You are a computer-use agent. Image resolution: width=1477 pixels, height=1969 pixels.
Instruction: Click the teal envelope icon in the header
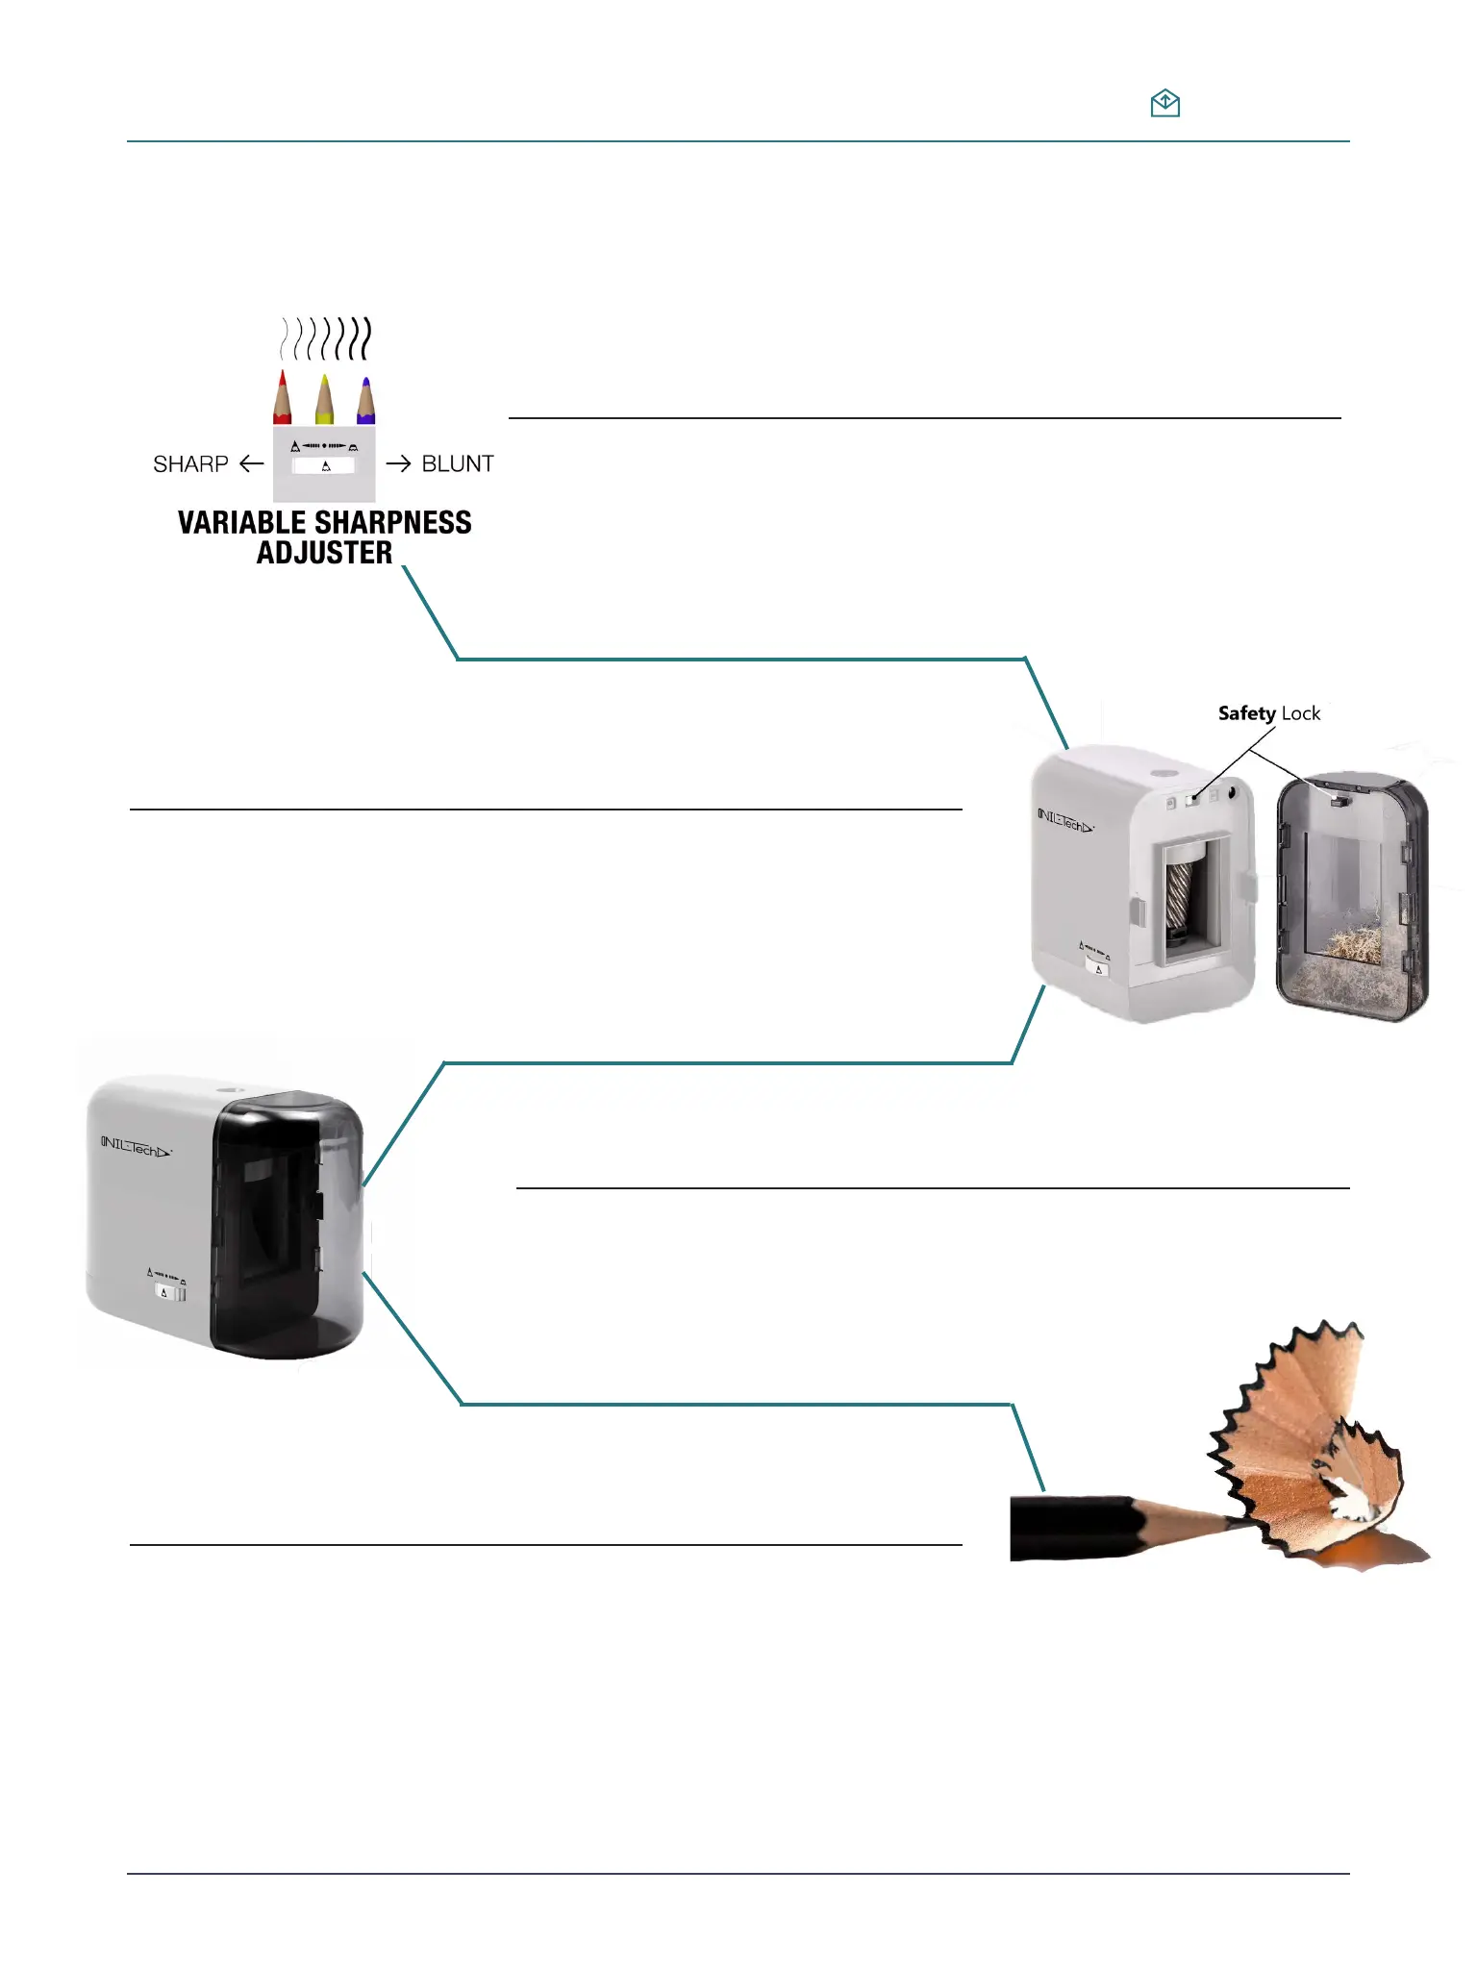click(1164, 103)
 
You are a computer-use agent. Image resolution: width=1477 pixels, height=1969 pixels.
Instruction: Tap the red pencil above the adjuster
click(282, 399)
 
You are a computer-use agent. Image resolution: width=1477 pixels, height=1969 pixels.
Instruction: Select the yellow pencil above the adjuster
click(324, 401)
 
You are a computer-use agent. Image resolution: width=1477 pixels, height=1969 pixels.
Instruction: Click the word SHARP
click(190, 464)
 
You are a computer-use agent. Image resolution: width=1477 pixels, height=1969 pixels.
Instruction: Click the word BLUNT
click(458, 464)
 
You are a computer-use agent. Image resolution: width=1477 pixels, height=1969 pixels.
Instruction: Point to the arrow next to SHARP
click(252, 464)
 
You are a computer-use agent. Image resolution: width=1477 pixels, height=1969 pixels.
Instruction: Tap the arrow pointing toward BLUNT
click(398, 464)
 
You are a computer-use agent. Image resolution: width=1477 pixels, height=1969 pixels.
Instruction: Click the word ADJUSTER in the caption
click(324, 553)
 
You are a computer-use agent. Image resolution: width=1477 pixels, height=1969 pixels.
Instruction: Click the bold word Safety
click(1246, 713)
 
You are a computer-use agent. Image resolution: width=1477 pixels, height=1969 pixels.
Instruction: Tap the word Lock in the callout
click(1301, 713)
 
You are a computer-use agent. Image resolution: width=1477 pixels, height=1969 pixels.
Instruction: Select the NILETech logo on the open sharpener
click(1064, 822)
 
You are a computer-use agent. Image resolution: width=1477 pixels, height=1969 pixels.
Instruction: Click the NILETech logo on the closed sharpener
click(136, 1147)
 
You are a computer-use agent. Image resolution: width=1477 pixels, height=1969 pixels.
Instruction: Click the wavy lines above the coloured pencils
click(325, 338)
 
